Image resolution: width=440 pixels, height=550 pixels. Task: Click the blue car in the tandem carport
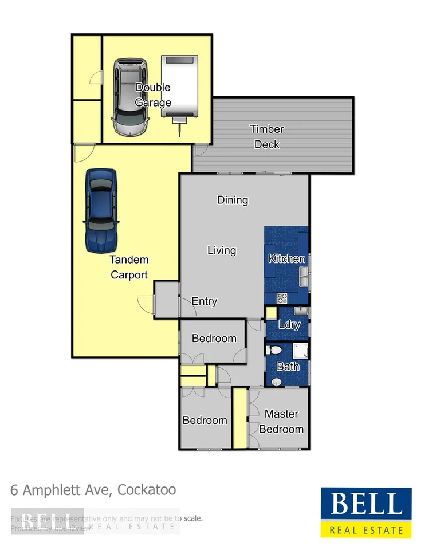[101, 210]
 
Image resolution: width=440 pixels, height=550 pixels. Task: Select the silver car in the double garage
[129, 97]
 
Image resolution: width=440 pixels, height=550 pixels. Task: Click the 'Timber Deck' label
[267, 137]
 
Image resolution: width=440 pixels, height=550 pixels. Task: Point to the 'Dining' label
[233, 200]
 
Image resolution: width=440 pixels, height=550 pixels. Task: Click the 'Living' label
[222, 250]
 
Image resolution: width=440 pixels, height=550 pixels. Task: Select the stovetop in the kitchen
[282, 298]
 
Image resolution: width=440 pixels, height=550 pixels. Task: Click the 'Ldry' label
[289, 325]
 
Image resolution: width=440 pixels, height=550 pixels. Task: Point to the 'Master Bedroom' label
[281, 421]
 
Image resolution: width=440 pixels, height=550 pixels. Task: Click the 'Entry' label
[204, 301]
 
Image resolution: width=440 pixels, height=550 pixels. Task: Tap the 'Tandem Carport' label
[129, 268]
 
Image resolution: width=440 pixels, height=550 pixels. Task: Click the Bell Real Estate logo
[366, 512]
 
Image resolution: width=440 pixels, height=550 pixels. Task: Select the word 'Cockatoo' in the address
[148, 490]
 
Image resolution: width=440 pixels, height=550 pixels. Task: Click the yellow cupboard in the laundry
[270, 313]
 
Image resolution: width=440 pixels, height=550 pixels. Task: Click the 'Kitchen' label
[286, 259]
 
